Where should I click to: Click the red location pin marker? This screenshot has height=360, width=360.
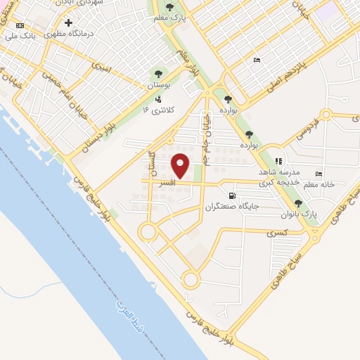pyautogui.click(x=181, y=165)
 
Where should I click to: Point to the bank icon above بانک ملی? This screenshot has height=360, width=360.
pyautogui.click(x=18, y=25)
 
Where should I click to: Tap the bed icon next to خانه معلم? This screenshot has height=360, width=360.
pyautogui.click(x=319, y=174)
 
